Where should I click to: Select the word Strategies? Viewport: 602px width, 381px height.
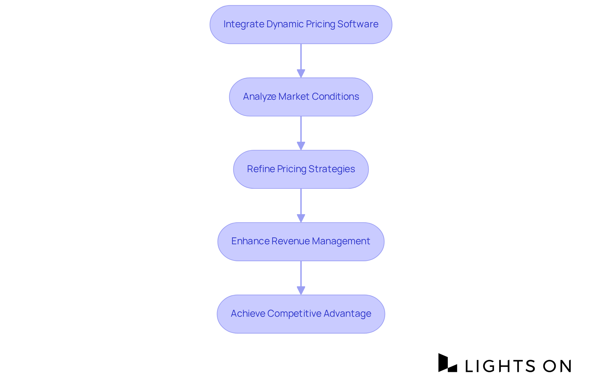(332, 169)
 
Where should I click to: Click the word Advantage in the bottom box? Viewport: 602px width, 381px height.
(347, 314)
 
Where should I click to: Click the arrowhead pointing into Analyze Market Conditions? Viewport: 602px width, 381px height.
(301, 73)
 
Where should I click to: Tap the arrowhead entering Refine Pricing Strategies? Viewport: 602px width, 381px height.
(301, 146)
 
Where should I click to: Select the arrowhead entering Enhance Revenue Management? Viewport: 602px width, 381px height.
(301, 218)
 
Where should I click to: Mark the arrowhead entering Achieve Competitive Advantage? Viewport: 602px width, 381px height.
(301, 290)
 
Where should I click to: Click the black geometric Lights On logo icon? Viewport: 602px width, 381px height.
(447, 363)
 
